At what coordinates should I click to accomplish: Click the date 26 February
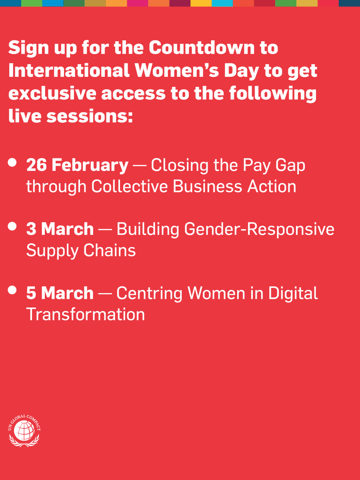pos(77,165)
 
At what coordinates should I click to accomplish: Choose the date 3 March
pos(60,229)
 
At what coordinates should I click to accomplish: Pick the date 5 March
pos(60,293)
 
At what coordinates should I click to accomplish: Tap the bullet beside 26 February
pos(12,162)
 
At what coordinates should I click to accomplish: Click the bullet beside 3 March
pos(12,226)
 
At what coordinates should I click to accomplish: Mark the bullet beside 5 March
pos(12,290)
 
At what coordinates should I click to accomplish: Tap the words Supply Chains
pos(81,251)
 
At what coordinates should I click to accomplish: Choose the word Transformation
pos(85,314)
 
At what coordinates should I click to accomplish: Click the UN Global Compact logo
pos(24,431)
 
